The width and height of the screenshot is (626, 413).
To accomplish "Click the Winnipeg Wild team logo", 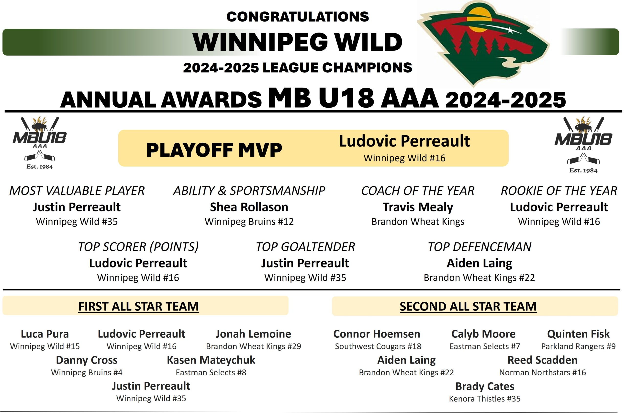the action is pyautogui.click(x=483, y=44).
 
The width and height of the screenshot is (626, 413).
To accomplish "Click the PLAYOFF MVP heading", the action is pyautogui.click(x=214, y=150).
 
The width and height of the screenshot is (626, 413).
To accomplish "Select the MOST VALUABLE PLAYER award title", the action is pyautogui.click(x=77, y=191).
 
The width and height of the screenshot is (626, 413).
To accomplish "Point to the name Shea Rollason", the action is pyautogui.click(x=249, y=207).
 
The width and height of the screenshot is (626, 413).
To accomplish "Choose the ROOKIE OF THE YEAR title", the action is pyautogui.click(x=559, y=191).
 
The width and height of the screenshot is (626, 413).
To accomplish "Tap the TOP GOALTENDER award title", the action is pyautogui.click(x=305, y=247).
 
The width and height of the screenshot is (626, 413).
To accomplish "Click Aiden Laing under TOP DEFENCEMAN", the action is pyautogui.click(x=479, y=263).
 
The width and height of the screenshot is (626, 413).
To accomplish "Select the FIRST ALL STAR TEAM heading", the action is pyautogui.click(x=138, y=306).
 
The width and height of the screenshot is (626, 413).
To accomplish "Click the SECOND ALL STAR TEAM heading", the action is pyautogui.click(x=468, y=306).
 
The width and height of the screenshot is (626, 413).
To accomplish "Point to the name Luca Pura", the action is pyautogui.click(x=45, y=334).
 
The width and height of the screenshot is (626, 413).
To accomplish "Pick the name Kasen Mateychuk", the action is pyautogui.click(x=211, y=360).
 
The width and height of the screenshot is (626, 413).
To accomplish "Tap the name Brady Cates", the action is pyautogui.click(x=485, y=386).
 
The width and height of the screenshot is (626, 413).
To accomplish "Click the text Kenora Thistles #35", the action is pyautogui.click(x=485, y=399).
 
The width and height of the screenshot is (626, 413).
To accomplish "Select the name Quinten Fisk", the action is pyautogui.click(x=578, y=334).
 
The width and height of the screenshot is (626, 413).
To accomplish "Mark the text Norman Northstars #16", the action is pyautogui.click(x=543, y=372).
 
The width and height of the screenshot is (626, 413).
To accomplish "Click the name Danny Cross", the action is pyautogui.click(x=87, y=360).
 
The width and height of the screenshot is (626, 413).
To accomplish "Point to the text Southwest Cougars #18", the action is pyautogui.click(x=378, y=346).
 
